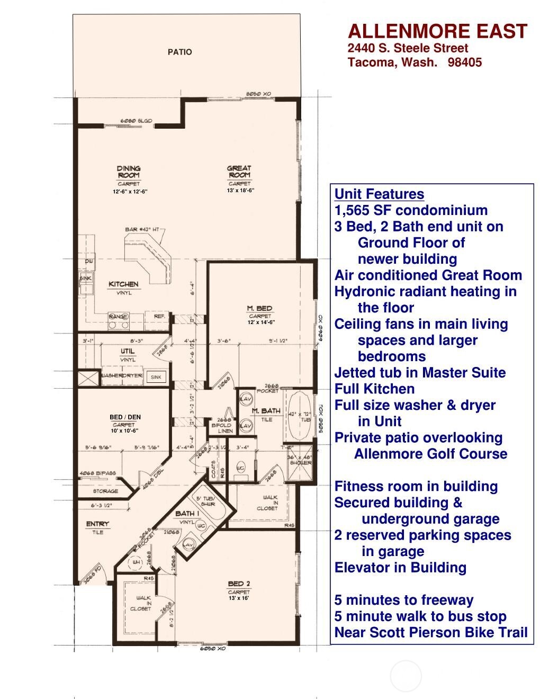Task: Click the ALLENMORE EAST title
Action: (x=437, y=31)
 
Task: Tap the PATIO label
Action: (x=179, y=52)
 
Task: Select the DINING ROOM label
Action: (x=129, y=172)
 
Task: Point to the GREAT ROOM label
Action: (x=239, y=172)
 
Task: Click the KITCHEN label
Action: (x=123, y=284)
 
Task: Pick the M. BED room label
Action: (x=259, y=308)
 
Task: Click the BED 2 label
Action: (x=239, y=584)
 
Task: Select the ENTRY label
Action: (x=97, y=524)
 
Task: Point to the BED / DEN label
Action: (x=125, y=417)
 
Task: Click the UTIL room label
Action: (x=128, y=351)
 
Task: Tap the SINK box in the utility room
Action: (x=156, y=377)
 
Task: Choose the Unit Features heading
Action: (x=379, y=194)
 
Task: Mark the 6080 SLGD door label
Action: (x=137, y=121)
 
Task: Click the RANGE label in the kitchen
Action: (x=118, y=317)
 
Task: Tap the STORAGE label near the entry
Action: (x=106, y=491)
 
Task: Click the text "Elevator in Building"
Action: (x=400, y=568)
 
